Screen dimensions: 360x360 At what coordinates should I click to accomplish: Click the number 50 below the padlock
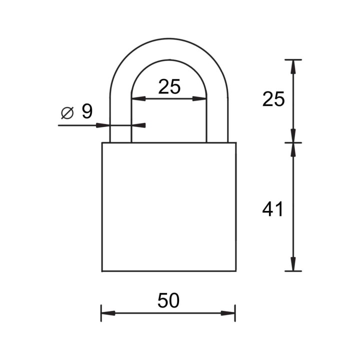[x=168, y=300]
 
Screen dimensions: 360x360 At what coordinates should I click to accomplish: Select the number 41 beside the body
[x=273, y=209]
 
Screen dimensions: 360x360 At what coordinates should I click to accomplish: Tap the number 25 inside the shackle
[x=169, y=86]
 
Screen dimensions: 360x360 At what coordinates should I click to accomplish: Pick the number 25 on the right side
[x=273, y=99]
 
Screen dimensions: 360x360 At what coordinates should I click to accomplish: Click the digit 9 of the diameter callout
[x=87, y=111]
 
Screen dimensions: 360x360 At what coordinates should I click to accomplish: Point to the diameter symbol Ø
[x=67, y=113]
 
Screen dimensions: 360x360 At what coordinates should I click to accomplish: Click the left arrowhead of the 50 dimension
[x=108, y=313]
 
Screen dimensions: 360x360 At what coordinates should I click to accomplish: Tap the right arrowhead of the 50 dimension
[x=228, y=313]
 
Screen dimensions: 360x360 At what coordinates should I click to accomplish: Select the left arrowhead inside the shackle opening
[x=138, y=98]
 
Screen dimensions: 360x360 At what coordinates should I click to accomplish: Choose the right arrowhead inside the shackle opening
[x=199, y=98]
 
